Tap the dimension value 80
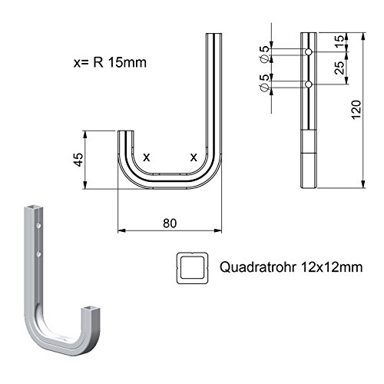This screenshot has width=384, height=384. tap(170, 223)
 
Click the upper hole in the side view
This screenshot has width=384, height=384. tap(308, 51)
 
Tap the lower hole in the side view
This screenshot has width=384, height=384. tap(308, 83)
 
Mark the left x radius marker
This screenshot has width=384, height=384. tap(146, 156)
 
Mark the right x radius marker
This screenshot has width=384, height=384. tap(193, 156)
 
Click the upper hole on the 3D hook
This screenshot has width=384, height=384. tap(39, 227)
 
